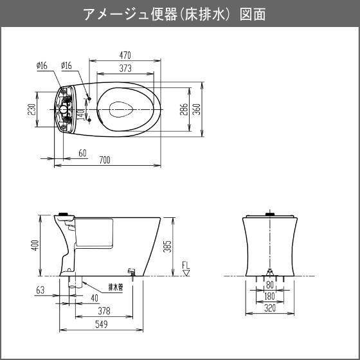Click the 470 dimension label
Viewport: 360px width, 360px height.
tap(125, 55)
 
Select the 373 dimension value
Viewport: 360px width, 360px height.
tap(125, 68)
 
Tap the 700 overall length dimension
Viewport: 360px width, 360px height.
tap(105, 160)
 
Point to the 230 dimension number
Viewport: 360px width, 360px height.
tap(32, 109)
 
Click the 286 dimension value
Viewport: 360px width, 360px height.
tap(184, 109)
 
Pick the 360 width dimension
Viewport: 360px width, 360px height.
tap(197, 109)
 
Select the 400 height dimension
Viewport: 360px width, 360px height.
tap(35, 245)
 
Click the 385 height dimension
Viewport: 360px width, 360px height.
tap(167, 247)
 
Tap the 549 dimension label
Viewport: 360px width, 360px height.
tap(102, 324)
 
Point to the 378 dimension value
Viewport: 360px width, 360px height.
tap(104, 311)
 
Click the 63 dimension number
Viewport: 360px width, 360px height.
tap(40, 290)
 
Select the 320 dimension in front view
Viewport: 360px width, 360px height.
tap(270, 309)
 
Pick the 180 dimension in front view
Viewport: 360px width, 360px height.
tap(269, 296)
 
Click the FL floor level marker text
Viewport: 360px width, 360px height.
tap(186, 265)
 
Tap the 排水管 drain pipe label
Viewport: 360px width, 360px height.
tap(116, 287)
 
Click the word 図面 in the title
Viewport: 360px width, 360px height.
tap(253, 14)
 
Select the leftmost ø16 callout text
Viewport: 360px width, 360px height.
tap(42, 66)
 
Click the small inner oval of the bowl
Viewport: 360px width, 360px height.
tap(121, 109)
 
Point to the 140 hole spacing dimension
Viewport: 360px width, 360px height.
tap(82, 115)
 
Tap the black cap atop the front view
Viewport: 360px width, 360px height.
tap(270, 214)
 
